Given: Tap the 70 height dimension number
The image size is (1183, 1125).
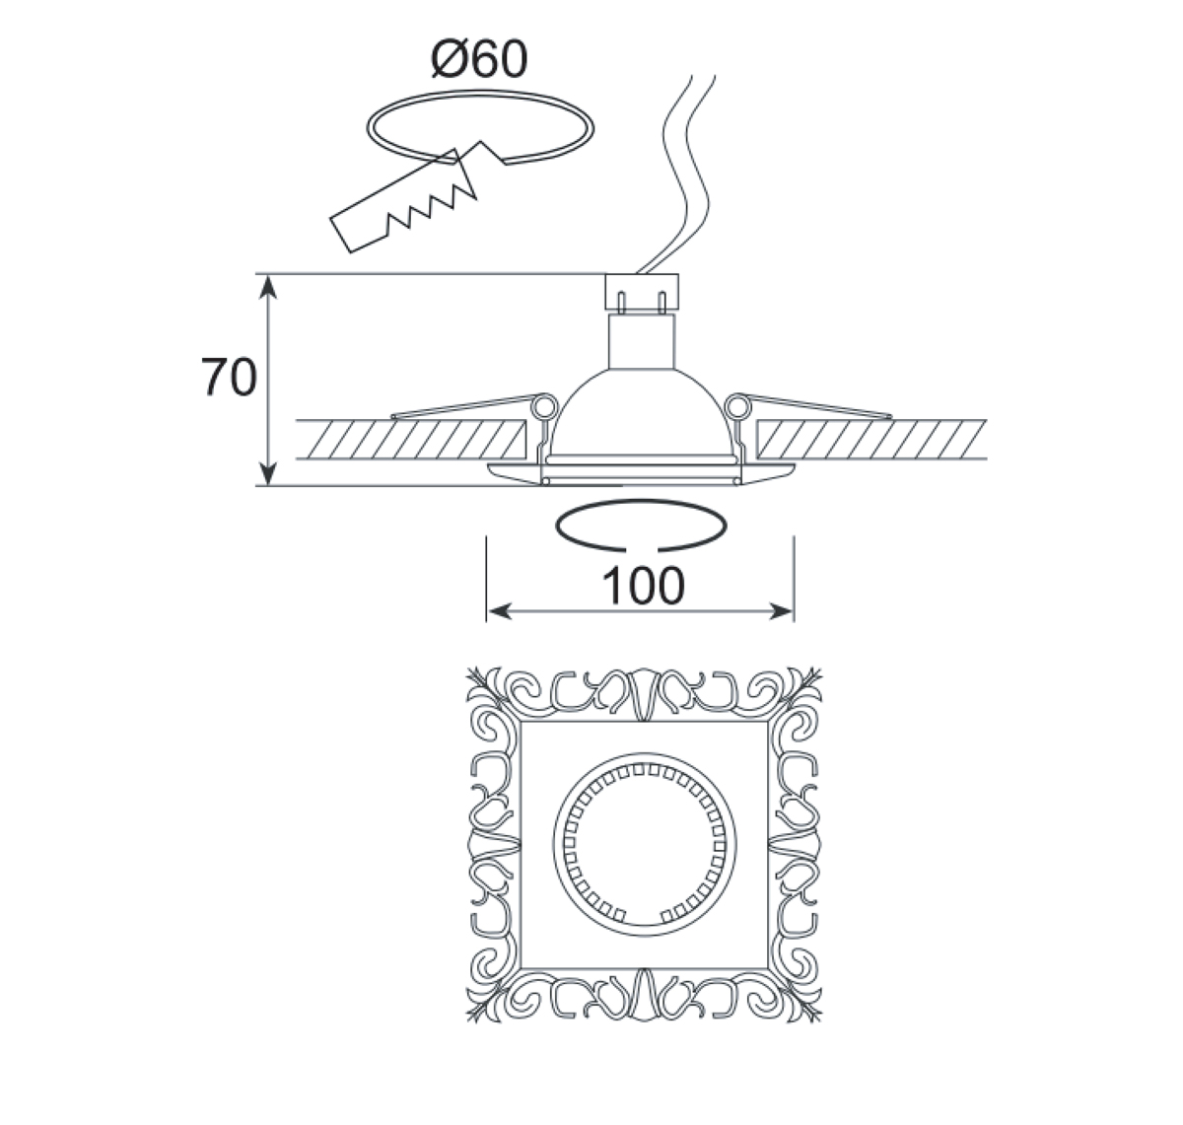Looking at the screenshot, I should [229, 378].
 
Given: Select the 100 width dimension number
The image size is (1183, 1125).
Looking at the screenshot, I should [642, 586].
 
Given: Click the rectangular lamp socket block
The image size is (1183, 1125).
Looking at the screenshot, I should [642, 292].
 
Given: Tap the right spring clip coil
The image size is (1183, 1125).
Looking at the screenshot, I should [739, 405].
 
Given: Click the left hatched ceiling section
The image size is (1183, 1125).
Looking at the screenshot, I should [407, 440].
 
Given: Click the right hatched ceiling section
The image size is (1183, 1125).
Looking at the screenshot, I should [871, 440].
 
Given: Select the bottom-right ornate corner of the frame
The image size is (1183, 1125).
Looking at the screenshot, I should [798, 992].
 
